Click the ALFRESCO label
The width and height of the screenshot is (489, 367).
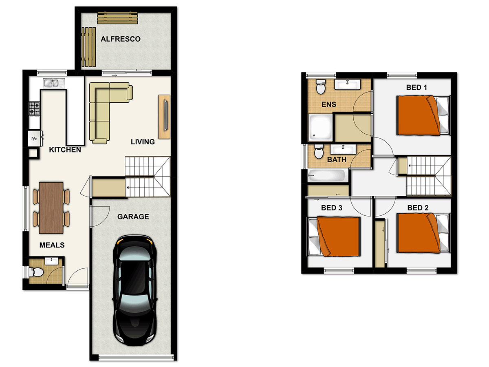point(121,39)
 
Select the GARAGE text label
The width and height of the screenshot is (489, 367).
point(133,217)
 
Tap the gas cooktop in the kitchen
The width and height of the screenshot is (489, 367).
point(34,108)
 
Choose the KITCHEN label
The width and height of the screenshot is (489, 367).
point(65,150)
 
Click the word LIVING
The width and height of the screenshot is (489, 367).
point(143,142)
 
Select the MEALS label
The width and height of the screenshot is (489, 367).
point(52,245)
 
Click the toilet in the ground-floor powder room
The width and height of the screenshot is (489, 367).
point(35,271)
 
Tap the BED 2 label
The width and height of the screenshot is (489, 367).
point(418,208)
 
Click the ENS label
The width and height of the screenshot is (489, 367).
point(328,104)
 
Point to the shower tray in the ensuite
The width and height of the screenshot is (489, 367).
point(320,128)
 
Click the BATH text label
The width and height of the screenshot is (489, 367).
point(337,159)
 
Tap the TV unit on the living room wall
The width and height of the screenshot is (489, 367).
point(165,117)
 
